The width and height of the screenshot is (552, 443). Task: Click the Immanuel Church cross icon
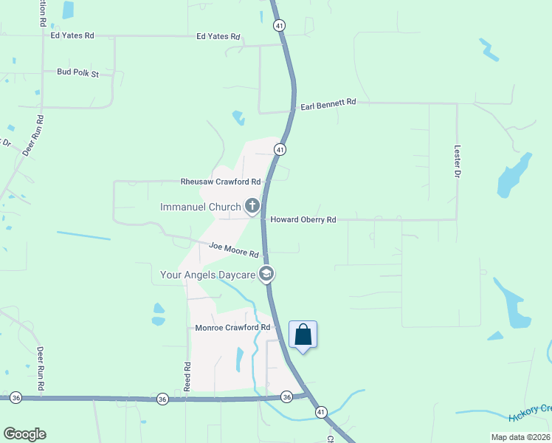(x=252, y=206)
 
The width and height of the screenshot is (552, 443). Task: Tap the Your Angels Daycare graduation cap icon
(x=266, y=275)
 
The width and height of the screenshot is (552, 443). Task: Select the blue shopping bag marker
(x=303, y=335)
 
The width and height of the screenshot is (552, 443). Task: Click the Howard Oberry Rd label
(x=303, y=220)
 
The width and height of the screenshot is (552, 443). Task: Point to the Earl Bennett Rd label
(x=328, y=106)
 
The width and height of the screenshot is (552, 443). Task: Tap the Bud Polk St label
(x=77, y=73)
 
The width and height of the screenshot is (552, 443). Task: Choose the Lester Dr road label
(x=458, y=160)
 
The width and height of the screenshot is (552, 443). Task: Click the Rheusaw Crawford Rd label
(x=221, y=182)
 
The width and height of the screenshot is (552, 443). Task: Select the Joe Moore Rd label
(x=233, y=250)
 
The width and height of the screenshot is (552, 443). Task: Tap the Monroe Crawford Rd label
(x=232, y=327)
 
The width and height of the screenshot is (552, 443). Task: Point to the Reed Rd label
(x=187, y=377)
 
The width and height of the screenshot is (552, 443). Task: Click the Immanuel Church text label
(x=201, y=207)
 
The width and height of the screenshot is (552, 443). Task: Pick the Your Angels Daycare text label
(x=208, y=275)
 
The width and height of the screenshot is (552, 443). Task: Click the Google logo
(x=24, y=434)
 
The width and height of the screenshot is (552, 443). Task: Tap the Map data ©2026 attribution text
(x=520, y=437)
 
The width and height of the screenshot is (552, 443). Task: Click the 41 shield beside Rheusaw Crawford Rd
(x=280, y=150)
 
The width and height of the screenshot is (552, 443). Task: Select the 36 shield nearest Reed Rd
(x=162, y=399)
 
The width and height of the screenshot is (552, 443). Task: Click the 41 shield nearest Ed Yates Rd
(x=279, y=25)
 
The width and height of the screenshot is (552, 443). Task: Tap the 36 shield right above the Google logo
(x=16, y=397)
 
